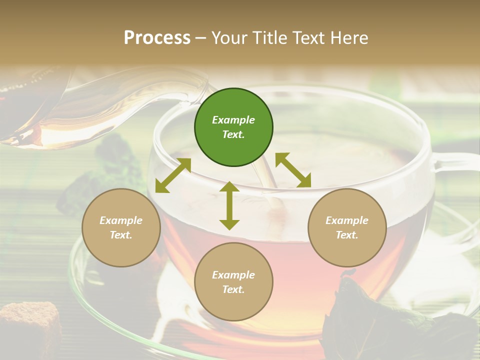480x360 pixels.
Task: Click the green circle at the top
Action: pyautogui.click(x=233, y=127)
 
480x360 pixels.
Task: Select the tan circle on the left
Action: pyautogui.click(x=121, y=227)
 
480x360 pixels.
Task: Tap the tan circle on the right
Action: pyautogui.click(x=347, y=227)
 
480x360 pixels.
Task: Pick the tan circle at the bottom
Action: pyautogui.click(x=233, y=282)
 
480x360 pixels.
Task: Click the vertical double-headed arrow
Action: pyautogui.click(x=229, y=205)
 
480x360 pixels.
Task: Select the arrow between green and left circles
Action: pyautogui.click(x=173, y=175)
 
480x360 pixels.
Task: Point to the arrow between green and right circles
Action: pyautogui.click(x=293, y=170)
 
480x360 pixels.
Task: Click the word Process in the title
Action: pyautogui.click(x=157, y=37)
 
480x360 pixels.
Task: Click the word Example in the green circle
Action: pyautogui.click(x=233, y=120)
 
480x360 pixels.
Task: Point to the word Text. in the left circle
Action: pyautogui.click(x=121, y=235)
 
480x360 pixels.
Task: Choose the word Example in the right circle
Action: pyautogui.click(x=347, y=220)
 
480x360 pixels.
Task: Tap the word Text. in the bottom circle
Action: pyautogui.click(x=233, y=289)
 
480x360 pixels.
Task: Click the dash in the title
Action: pyautogui.click(x=201, y=38)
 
